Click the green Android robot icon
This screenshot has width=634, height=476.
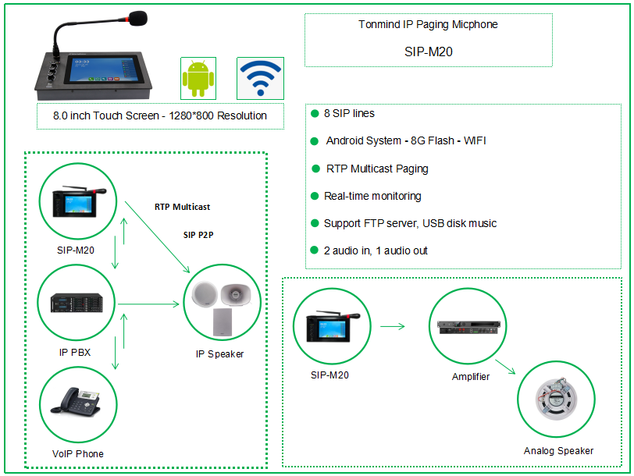click(198, 78)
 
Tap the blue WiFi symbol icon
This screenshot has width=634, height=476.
click(260, 77)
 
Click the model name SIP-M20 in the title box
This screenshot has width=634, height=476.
click(428, 53)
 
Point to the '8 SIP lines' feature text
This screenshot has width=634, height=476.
click(349, 113)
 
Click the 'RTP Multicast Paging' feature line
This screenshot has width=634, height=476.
click(377, 169)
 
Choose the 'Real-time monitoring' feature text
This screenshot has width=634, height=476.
click(372, 196)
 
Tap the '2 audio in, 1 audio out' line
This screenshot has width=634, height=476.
click(376, 250)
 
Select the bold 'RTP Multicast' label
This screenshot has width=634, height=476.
click(182, 207)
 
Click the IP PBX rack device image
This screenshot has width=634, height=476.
click(77, 302)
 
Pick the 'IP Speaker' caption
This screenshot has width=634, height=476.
click(219, 353)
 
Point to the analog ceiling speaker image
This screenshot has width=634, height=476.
click(556, 398)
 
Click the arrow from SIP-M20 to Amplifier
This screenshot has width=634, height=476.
click(394, 325)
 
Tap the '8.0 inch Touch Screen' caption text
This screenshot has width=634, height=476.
click(160, 115)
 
